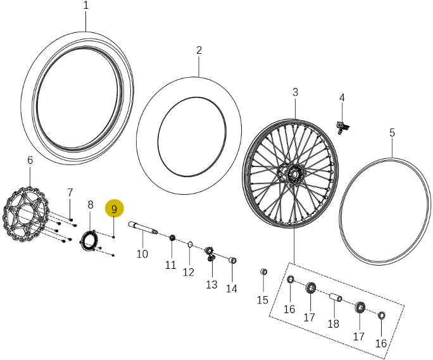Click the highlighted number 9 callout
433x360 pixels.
click(115, 209)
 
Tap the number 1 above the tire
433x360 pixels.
click(86, 6)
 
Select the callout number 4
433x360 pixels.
click(342, 98)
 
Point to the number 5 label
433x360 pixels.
click(392, 133)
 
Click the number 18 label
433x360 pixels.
click(334, 323)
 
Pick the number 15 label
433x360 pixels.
click(263, 300)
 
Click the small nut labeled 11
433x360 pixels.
click(171, 239)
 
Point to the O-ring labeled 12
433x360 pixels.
click(190, 243)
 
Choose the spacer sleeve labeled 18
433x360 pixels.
click(336, 297)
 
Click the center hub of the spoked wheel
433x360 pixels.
click(294, 173)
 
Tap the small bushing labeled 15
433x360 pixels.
click(264, 272)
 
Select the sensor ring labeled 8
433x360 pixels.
click(89, 240)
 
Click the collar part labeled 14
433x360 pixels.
click(232, 260)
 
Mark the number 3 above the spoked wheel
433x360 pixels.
click(295, 92)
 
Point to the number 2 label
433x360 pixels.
click(199, 50)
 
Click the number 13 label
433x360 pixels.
click(211, 285)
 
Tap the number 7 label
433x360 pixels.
click(70, 192)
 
